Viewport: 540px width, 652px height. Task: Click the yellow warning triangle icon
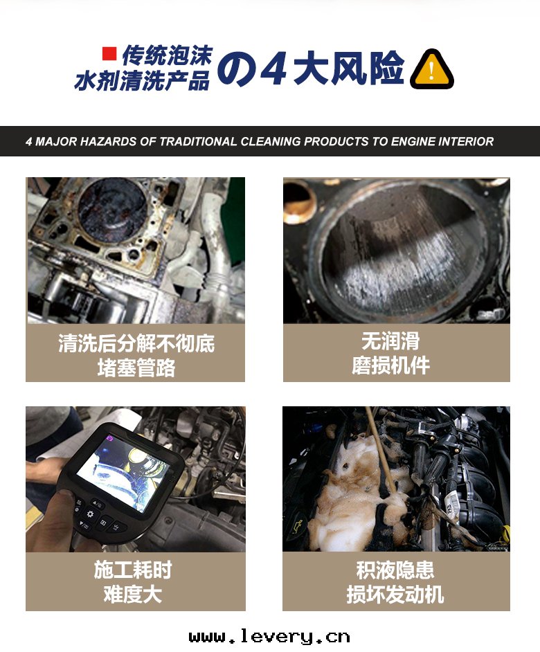431,69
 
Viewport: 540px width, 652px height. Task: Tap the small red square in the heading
109,53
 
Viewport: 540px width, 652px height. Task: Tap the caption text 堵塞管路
136,367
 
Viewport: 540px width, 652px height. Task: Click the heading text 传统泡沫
166,55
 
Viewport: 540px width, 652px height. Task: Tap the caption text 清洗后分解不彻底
136,343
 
